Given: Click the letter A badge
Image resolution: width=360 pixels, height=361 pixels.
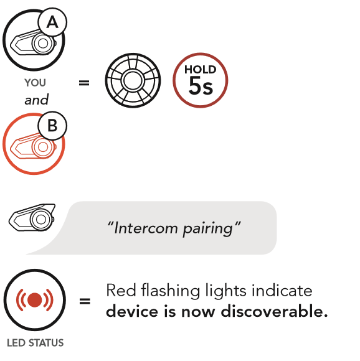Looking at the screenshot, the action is point(52,22).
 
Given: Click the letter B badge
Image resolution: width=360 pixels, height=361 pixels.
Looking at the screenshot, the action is point(52,126).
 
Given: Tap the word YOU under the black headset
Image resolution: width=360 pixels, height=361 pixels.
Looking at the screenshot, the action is point(36,83).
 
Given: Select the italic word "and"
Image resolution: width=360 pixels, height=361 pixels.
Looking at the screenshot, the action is point(37,100).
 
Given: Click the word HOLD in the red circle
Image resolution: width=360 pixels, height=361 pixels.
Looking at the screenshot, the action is point(201,70).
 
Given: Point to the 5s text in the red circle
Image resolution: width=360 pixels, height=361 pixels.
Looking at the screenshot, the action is point(201,86).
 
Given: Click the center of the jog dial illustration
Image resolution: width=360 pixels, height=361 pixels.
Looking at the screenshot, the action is point(133,80).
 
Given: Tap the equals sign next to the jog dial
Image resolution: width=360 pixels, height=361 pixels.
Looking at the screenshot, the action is point(84,83).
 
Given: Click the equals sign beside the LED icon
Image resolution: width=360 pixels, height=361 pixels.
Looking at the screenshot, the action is point(85,301).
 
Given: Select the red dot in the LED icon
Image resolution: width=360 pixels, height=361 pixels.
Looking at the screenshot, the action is point(34,300).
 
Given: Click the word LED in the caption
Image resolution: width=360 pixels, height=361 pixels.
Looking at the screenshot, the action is point(16,343).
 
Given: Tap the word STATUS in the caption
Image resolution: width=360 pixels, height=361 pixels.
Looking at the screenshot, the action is point(46,343).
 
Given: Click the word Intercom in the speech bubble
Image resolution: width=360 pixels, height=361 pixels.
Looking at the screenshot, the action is point(146,228).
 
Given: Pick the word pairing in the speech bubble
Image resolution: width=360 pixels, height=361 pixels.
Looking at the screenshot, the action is point(208,229).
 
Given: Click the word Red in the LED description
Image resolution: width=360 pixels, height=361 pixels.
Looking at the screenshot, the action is point(121,290).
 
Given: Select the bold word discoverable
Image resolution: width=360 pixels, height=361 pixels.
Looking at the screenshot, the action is point(274,311).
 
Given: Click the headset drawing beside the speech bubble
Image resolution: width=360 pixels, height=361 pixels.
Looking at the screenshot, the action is point(32,217).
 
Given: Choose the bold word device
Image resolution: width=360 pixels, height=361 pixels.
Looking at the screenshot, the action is point(132,311).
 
